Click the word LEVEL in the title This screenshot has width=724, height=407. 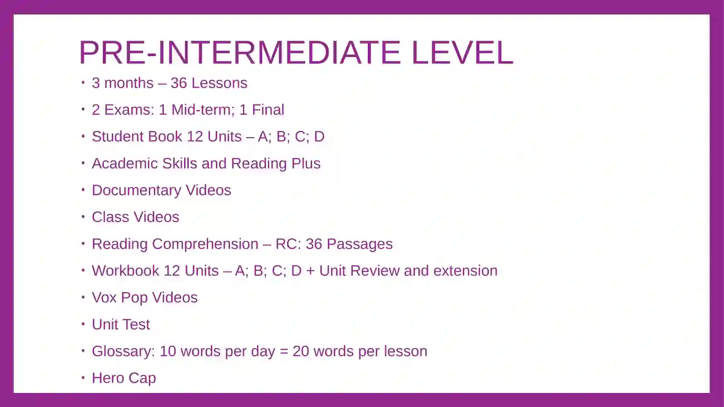(462, 53)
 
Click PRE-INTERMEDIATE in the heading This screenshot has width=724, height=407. (240, 53)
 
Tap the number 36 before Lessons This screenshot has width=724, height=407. (179, 83)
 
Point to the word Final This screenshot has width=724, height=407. (268, 110)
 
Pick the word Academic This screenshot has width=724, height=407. (125, 163)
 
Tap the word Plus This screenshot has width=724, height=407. (306, 163)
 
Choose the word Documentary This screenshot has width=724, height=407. (136, 190)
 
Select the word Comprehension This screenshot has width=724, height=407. (205, 244)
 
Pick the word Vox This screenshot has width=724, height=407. (104, 297)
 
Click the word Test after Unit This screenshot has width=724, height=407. (137, 325)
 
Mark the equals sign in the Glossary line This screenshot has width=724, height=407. (284, 352)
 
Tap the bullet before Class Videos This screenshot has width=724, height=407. (83, 217)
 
